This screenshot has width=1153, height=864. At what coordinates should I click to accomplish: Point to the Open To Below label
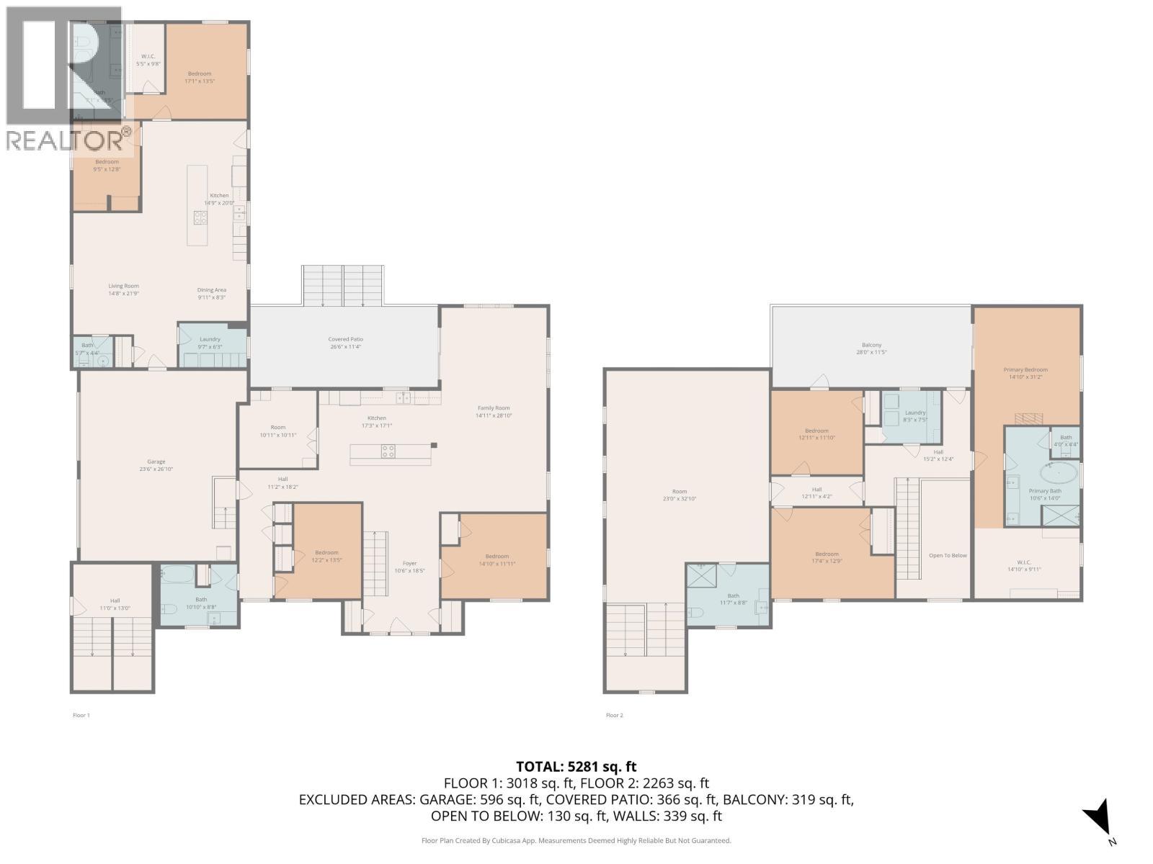click(x=948, y=555)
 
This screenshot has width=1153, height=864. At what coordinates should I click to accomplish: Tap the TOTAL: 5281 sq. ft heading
click(x=576, y=767)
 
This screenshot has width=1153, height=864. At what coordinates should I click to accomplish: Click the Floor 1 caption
click(x=81, y=715)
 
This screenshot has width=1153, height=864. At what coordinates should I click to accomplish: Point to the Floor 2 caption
click(x=614, y=715)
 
